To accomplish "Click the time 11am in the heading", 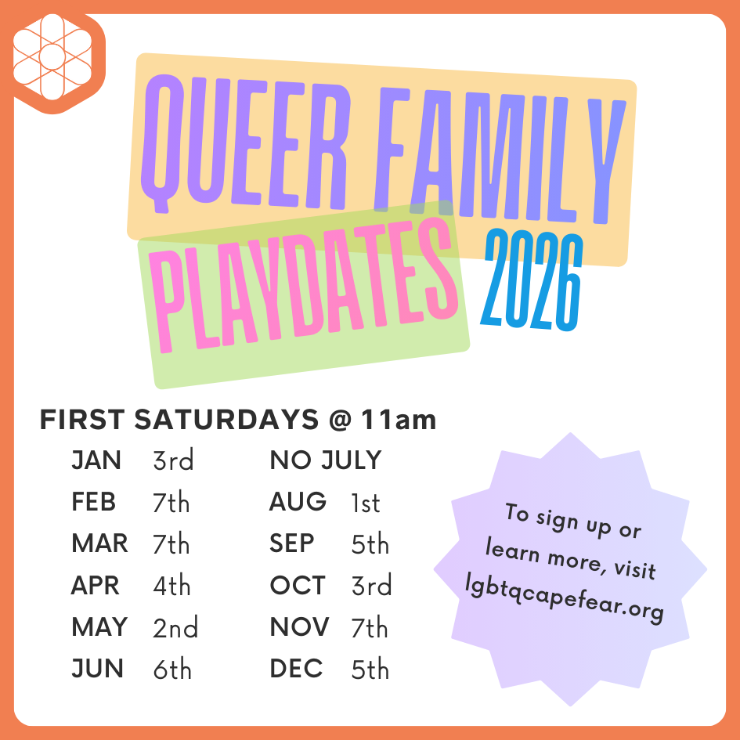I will point(398,420).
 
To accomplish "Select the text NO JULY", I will point(325,460).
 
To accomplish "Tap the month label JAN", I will point(96,460).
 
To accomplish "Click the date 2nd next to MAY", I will point(175,627).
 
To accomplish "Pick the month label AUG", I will point(298,502).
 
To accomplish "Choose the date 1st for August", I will point(366,503).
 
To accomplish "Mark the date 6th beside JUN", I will point(172,670).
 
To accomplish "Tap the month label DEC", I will point(296,670).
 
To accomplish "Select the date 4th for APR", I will point(172,586).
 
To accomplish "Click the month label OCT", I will point(297,586).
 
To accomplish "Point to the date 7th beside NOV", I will point(370,627).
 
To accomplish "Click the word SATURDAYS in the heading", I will point(226,420).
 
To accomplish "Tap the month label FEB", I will point(93,502).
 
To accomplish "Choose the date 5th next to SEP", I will point(370,544).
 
